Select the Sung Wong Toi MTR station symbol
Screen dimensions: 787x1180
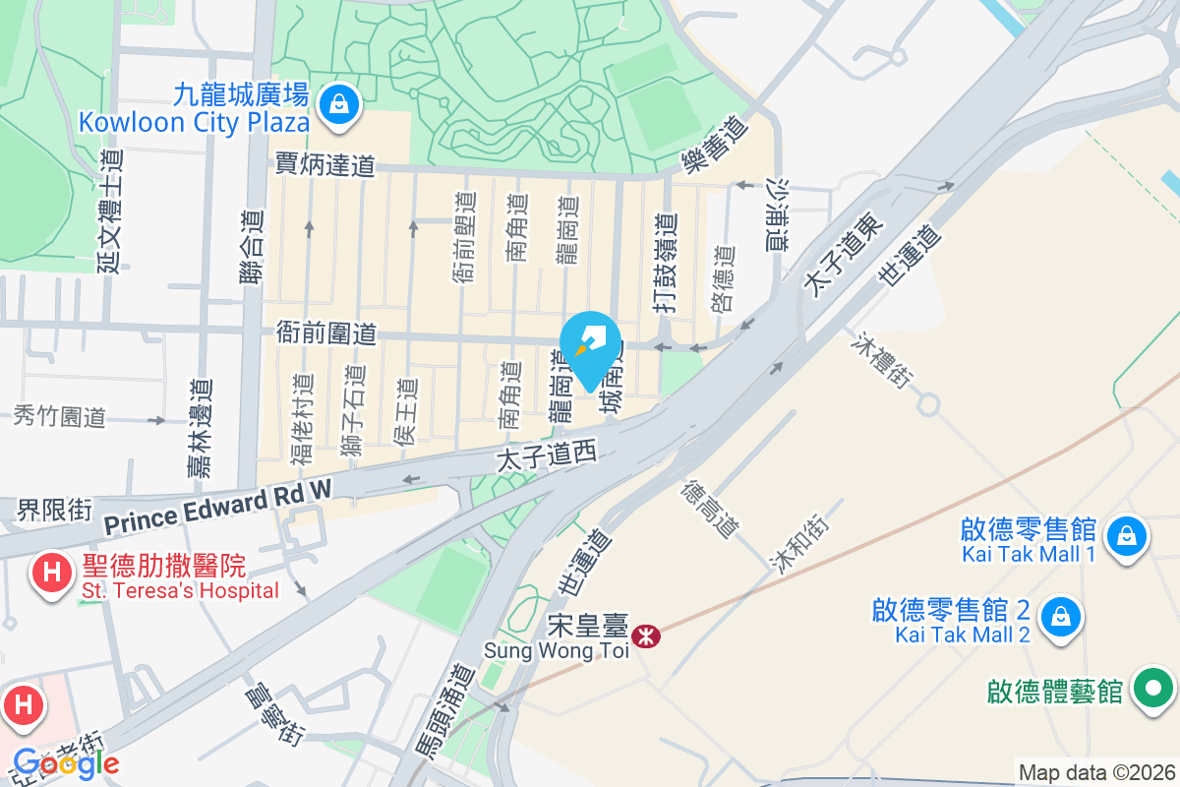click(x=646, y=636)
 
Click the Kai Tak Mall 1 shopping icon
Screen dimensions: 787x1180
click(x=1122, y=537)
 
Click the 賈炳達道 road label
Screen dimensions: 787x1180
click(x=325, y=164)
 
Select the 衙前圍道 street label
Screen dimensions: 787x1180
click(x=325, y=333)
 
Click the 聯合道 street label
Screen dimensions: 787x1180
click(x=253, y=250)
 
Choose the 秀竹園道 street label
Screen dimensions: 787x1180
click(x=59, y=416)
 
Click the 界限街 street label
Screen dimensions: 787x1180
click(x=55, y=510)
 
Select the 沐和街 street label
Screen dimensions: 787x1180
click(x=798, y=542)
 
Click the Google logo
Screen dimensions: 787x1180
click(x=65, y=762)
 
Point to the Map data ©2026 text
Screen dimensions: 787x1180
click(x=1095, y=772)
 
